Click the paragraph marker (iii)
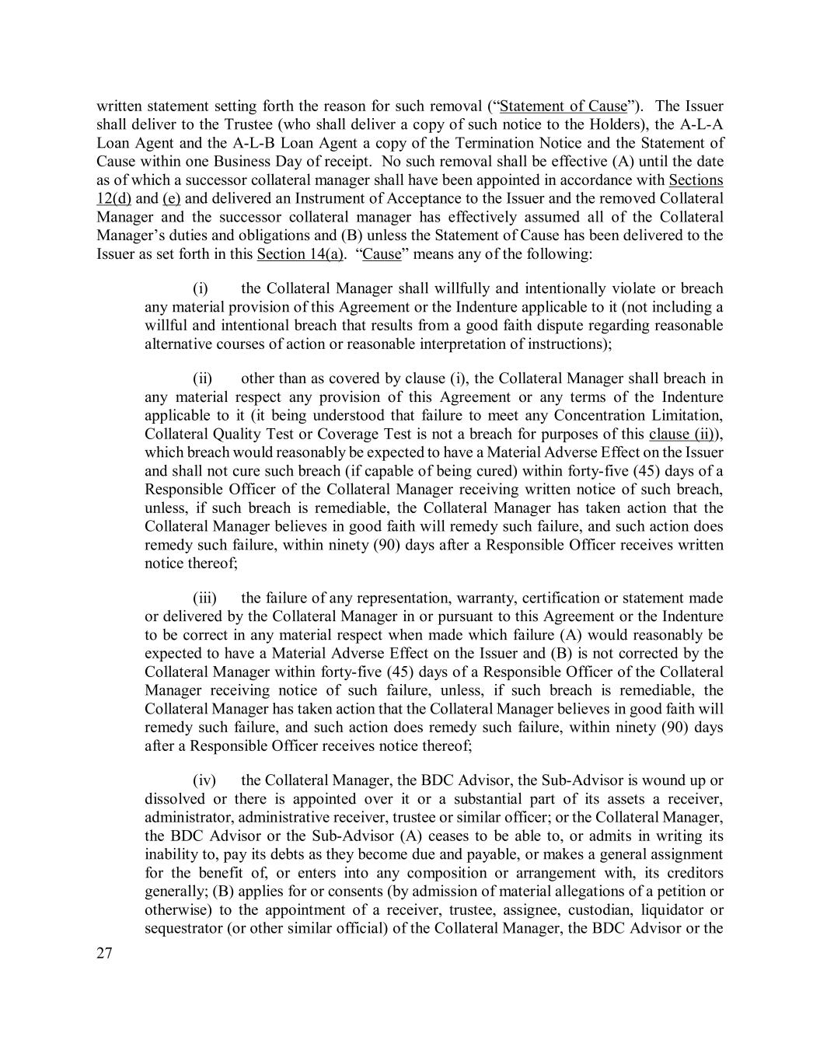(204, 599)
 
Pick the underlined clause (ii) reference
(682, 435)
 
